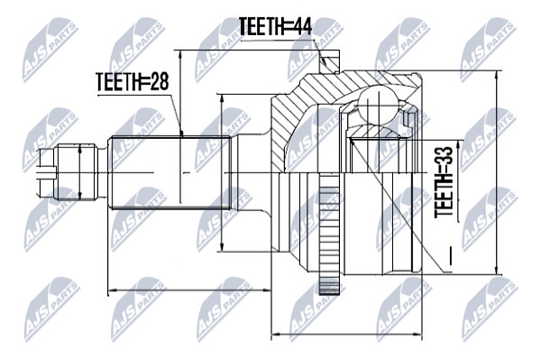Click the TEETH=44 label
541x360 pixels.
tap(275, 26)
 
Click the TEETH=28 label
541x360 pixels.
tap(133, 81)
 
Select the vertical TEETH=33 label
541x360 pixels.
tap(444, 182)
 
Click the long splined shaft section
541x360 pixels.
tap(170, 172)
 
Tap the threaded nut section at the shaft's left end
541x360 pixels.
tap(77, 172)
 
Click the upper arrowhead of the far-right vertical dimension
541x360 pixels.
tap(497, 75)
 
